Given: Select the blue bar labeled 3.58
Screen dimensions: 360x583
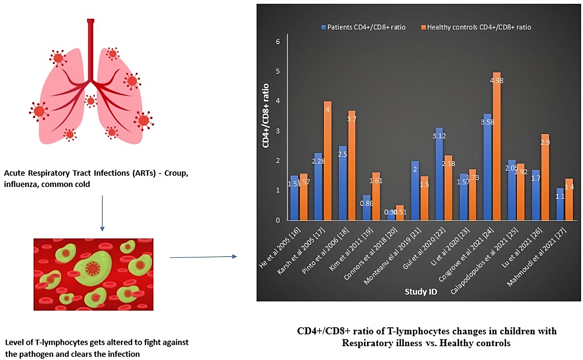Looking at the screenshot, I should [487, 167].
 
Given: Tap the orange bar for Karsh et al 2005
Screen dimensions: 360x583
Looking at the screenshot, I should [327, 160].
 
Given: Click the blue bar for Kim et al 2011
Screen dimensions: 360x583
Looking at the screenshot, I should [367, 208].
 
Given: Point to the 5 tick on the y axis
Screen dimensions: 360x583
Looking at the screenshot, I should [278, 71].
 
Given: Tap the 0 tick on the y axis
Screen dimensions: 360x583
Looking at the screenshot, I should [278, 220].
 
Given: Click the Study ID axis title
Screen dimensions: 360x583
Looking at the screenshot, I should [421, 292].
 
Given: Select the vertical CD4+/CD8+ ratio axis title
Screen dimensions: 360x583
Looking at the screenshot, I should [266, 115].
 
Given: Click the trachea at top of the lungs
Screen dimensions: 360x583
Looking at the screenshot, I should [91, 47].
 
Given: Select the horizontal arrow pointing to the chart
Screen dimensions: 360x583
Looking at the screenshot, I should [203, 257].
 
